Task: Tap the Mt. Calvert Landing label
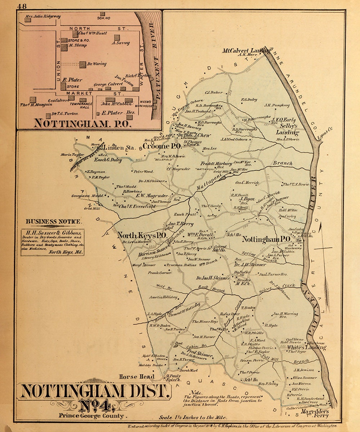pyautogui.click(x=246, y=51)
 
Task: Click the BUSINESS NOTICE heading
pyautogui.click(x=54, y=222)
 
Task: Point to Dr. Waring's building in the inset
pyautogui.click(x=83, y=64)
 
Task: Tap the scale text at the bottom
pyautogui.click(x=193, y=418)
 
